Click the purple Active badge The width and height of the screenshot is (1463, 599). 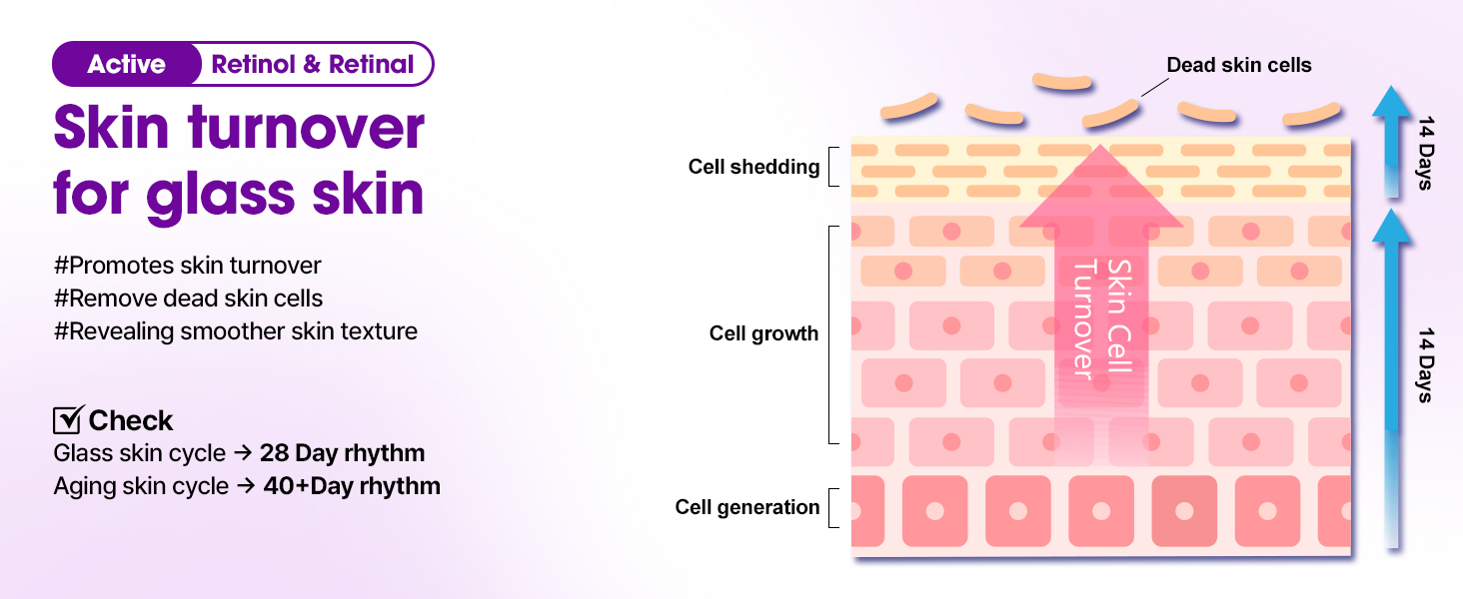point(126,64)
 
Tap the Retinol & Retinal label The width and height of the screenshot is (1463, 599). point(312,64)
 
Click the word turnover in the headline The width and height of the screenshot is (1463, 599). point(307,127)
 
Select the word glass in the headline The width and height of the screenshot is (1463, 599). point(221,194)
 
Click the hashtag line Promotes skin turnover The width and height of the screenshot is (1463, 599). point(188,266)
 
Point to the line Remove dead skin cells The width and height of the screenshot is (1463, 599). point(188,299)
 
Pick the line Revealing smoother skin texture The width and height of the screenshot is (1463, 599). point(235,331)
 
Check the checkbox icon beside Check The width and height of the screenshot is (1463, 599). point(69,419)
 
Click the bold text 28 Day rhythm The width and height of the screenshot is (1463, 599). point(342,453)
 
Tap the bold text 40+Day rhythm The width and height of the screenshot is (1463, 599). point(352,486)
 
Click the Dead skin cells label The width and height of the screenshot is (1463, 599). point(1239,65)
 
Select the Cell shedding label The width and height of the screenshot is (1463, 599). point(753,167)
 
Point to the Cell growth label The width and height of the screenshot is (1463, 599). point(763,333)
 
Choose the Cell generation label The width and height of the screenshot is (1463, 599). point(747,507)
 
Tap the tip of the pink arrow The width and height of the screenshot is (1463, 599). point(1100,145)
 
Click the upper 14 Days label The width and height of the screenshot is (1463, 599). point(1425,153)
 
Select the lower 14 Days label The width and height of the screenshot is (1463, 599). point(1425,365)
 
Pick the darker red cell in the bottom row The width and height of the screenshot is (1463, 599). point(1184,511)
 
